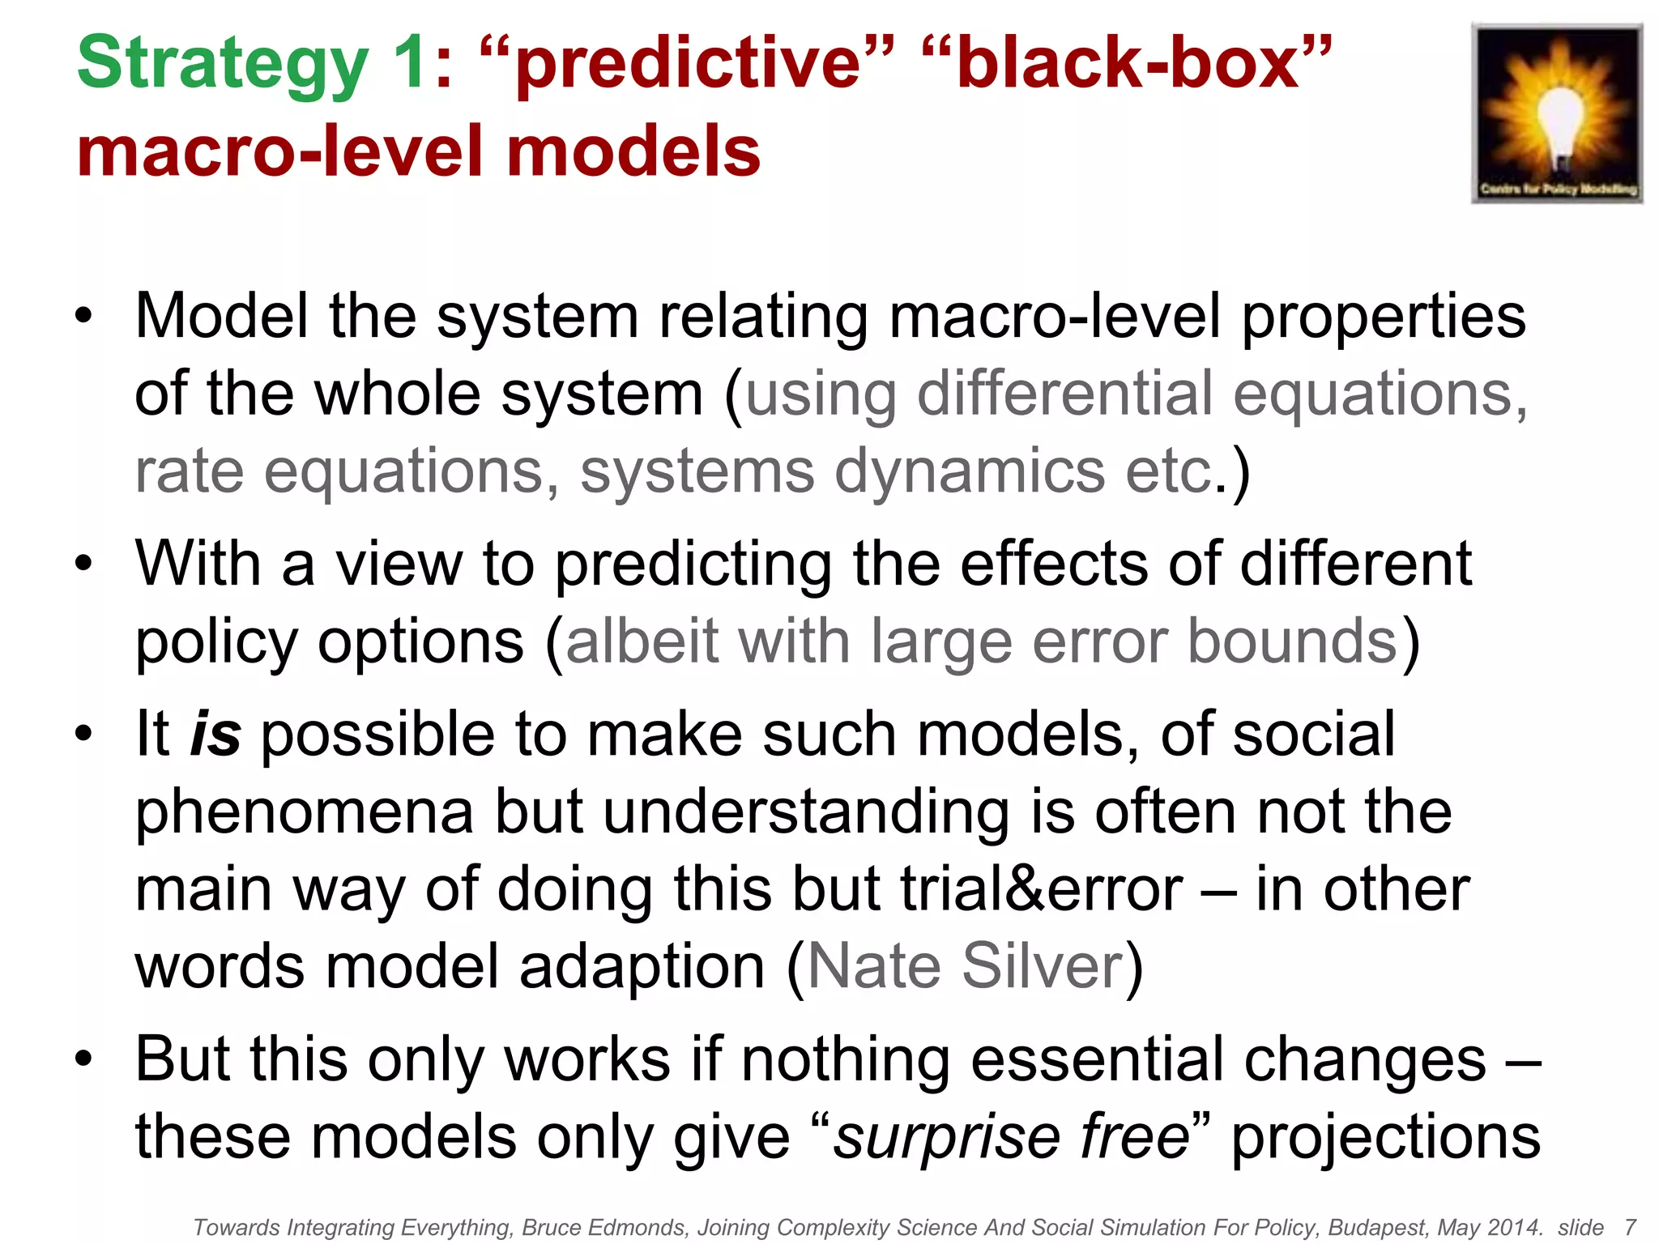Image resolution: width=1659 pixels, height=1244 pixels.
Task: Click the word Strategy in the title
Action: [223, 65]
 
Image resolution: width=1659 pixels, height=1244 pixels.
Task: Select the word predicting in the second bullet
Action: [693, 564]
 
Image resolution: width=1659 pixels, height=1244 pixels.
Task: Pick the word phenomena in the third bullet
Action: [305, 812]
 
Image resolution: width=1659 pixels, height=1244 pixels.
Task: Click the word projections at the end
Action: [1385, 1137]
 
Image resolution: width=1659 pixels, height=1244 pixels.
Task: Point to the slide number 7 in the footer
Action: [1630, 1228]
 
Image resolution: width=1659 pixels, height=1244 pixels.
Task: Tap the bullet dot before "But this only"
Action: [83, 1059]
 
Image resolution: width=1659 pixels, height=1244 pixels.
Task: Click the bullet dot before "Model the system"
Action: [83, 316]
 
